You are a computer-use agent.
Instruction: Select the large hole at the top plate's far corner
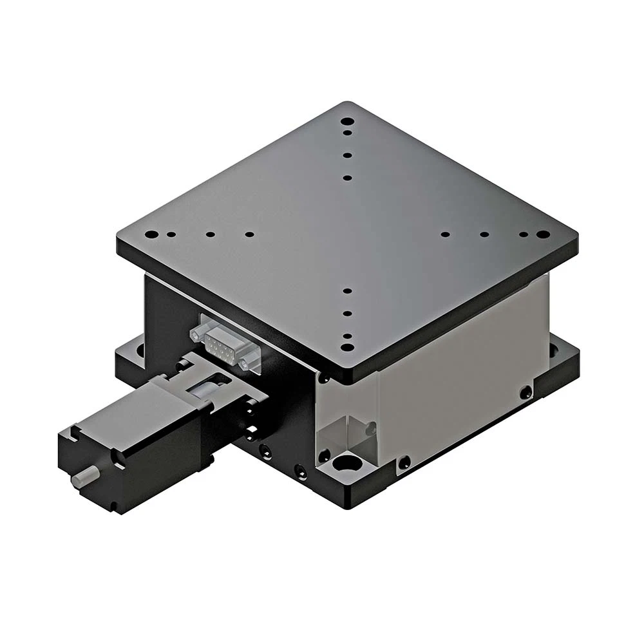347,121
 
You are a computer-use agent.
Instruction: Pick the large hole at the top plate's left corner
151,234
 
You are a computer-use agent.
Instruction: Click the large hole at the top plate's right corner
543,234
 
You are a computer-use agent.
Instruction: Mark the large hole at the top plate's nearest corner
347,347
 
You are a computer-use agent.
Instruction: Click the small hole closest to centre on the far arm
347,178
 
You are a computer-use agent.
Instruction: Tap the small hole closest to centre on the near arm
347,290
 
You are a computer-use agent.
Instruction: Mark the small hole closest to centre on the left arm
249,234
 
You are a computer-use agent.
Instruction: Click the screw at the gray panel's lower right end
526,392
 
